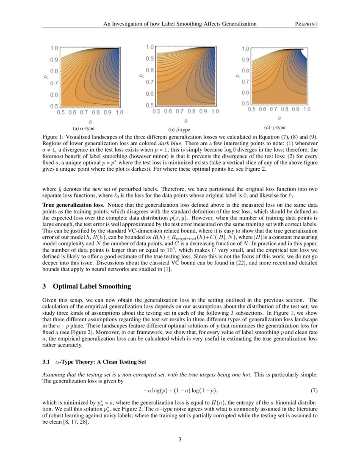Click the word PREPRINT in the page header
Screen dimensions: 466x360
[x=306, y=24]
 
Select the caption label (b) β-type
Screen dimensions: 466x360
[x=179, y=130]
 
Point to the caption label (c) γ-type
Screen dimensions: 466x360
[x=274, y=128]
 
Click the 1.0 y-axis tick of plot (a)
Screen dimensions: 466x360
[x=54, y=48]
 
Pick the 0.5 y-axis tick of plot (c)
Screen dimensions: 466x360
[x=245, y=103]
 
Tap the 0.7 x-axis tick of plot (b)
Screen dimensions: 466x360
[x=180, y=111]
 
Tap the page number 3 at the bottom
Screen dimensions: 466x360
[x=180, y=439]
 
